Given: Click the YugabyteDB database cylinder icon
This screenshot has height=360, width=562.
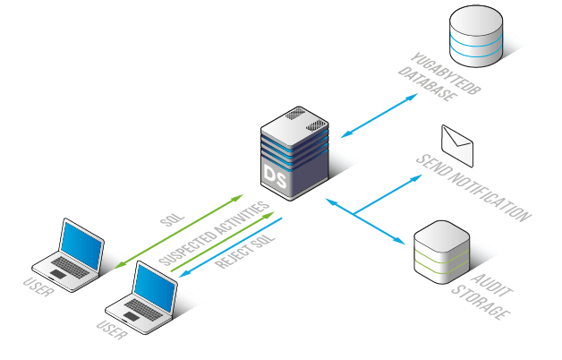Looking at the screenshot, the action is tap(475, 36).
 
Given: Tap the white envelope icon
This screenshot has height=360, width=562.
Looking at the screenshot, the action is tap(457, 146).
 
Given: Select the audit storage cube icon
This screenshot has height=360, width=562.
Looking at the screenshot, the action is tap(441, 252).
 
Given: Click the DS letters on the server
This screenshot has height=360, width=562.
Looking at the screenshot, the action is tap(275, 176).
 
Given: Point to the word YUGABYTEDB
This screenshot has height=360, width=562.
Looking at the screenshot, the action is tap(446, 73).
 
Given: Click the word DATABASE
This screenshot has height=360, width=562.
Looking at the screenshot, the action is tap(428, 84).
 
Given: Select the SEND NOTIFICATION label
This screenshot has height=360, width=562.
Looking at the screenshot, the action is tap(473, 187).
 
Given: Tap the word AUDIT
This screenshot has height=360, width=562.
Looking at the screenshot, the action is tap(492, 285).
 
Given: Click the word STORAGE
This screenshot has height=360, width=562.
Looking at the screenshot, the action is tap(481, 302).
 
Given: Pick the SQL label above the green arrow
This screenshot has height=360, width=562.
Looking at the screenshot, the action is tap(172, 219).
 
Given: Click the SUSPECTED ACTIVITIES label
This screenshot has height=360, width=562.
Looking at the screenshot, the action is tap(214, 234).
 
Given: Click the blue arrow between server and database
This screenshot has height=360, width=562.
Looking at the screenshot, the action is tap(379, 116).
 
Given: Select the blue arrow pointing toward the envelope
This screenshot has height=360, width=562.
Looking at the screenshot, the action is tap(388, 194).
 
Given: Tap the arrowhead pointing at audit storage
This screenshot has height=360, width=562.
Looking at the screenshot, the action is tap(400, 241).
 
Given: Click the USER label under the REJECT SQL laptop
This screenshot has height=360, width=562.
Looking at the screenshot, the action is tap(112, 330).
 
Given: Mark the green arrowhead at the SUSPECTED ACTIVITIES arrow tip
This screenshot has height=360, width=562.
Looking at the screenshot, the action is tap(268, 215).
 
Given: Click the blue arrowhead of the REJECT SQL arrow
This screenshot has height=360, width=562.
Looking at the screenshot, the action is tap(184, 273).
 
